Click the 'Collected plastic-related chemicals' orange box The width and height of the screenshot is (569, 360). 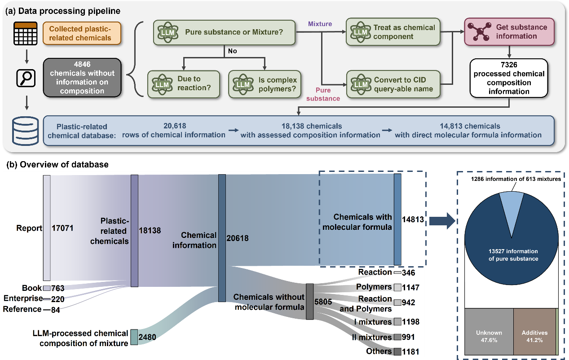click(76, 33)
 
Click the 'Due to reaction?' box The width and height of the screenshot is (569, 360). click(184, 84)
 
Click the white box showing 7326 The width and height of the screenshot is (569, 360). click(509, 78)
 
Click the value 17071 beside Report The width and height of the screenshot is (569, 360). click(62, 228)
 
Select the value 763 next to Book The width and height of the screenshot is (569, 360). click(58, 288)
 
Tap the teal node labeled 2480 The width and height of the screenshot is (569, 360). click(134, 337)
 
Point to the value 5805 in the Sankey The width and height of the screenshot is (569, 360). click(323, 302)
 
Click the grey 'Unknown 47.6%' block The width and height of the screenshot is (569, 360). click(489, 333)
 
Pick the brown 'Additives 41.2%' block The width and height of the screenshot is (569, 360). click(534, 333)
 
